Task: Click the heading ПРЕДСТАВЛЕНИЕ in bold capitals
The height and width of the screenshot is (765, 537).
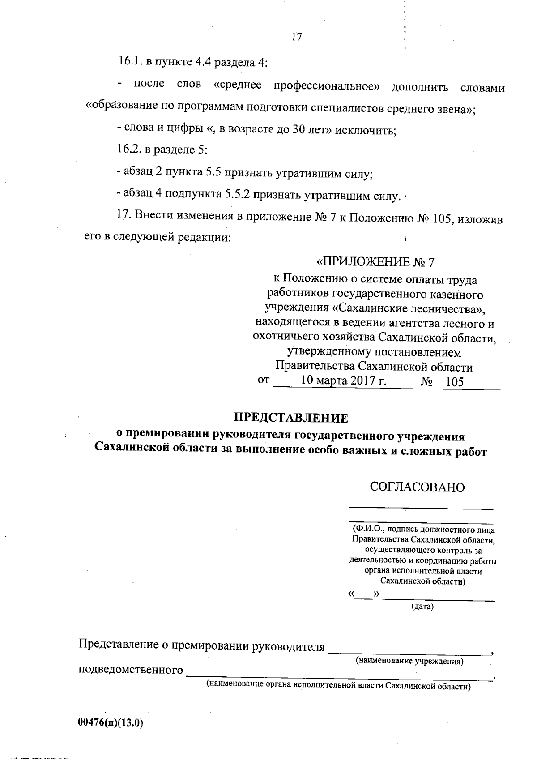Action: [x=291, y=418]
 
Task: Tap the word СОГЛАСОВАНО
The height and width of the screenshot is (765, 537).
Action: [x=417, y=487]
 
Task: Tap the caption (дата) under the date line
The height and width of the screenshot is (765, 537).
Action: [x=422, y=607]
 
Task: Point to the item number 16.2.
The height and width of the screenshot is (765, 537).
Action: [x=130, y=150]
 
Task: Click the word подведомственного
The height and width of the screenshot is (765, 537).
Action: [x=131, y=670]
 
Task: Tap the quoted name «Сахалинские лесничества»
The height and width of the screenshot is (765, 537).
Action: [x=409, y=309]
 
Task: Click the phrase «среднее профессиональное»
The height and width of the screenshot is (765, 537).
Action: [x=297, y=85]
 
